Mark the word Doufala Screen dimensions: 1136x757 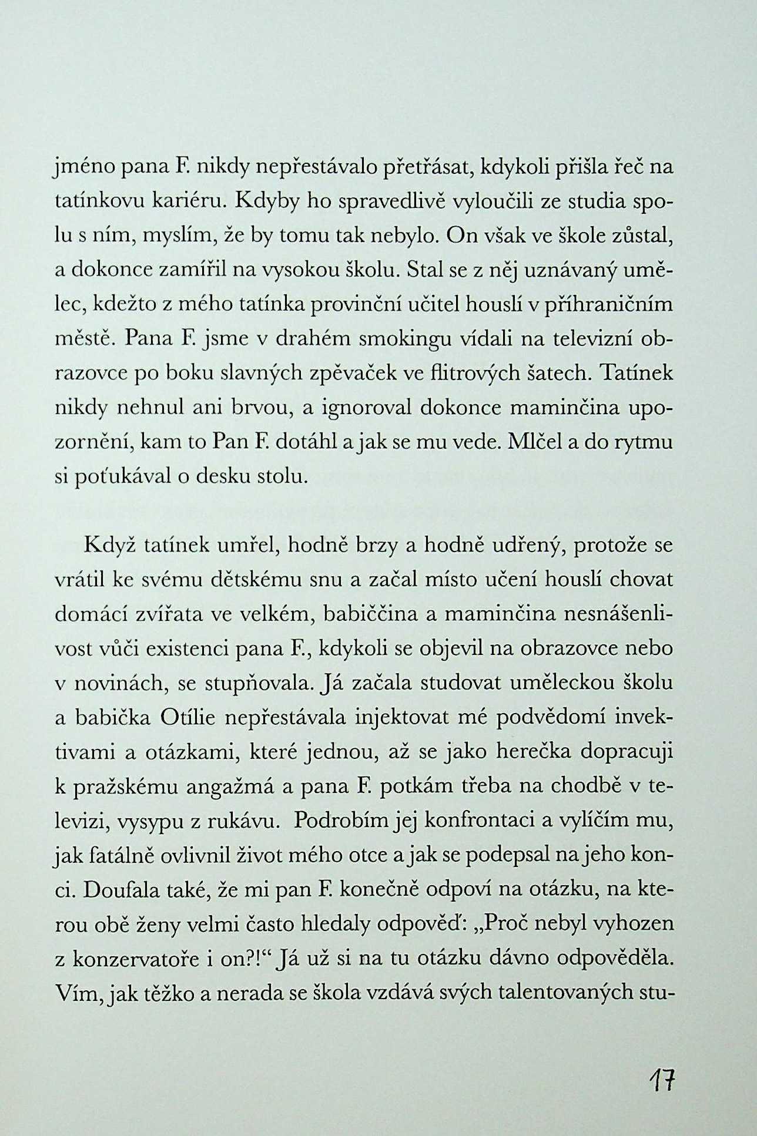coord(121,890)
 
